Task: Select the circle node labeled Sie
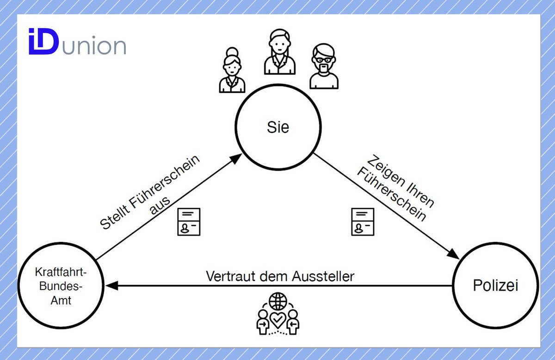pos(277,128)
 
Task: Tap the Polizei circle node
pos(495,286)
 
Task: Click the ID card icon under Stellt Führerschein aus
pos(189,222)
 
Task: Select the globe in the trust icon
pos(278,301)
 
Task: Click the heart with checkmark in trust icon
pos(278,319)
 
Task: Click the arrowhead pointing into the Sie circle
pos(235,158)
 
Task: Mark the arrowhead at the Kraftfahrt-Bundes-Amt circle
pos(110,286)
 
